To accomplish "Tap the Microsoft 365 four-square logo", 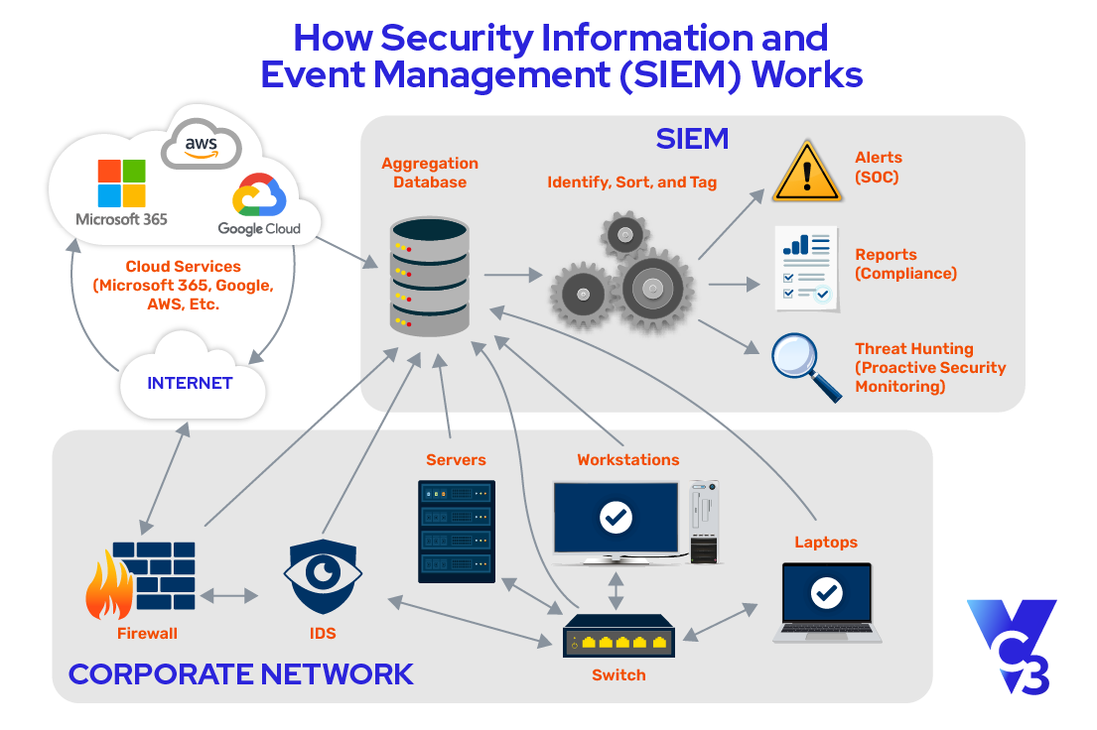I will [x=121, y=184].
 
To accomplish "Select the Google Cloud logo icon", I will [x=258, y=196].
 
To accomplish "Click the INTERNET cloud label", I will [x=190, y=383].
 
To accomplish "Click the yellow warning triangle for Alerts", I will [x=806, y=171].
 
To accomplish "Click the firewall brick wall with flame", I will [x=140, y=580].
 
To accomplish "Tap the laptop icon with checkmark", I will [x=826, y=601].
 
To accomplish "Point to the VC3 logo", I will [x=1012, y=646].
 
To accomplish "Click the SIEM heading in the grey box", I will [x=692, y=139].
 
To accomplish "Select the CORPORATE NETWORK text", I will [x=240, y=674].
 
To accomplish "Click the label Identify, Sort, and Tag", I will [x=632, y=182].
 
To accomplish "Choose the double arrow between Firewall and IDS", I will [x=228, y=596].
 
